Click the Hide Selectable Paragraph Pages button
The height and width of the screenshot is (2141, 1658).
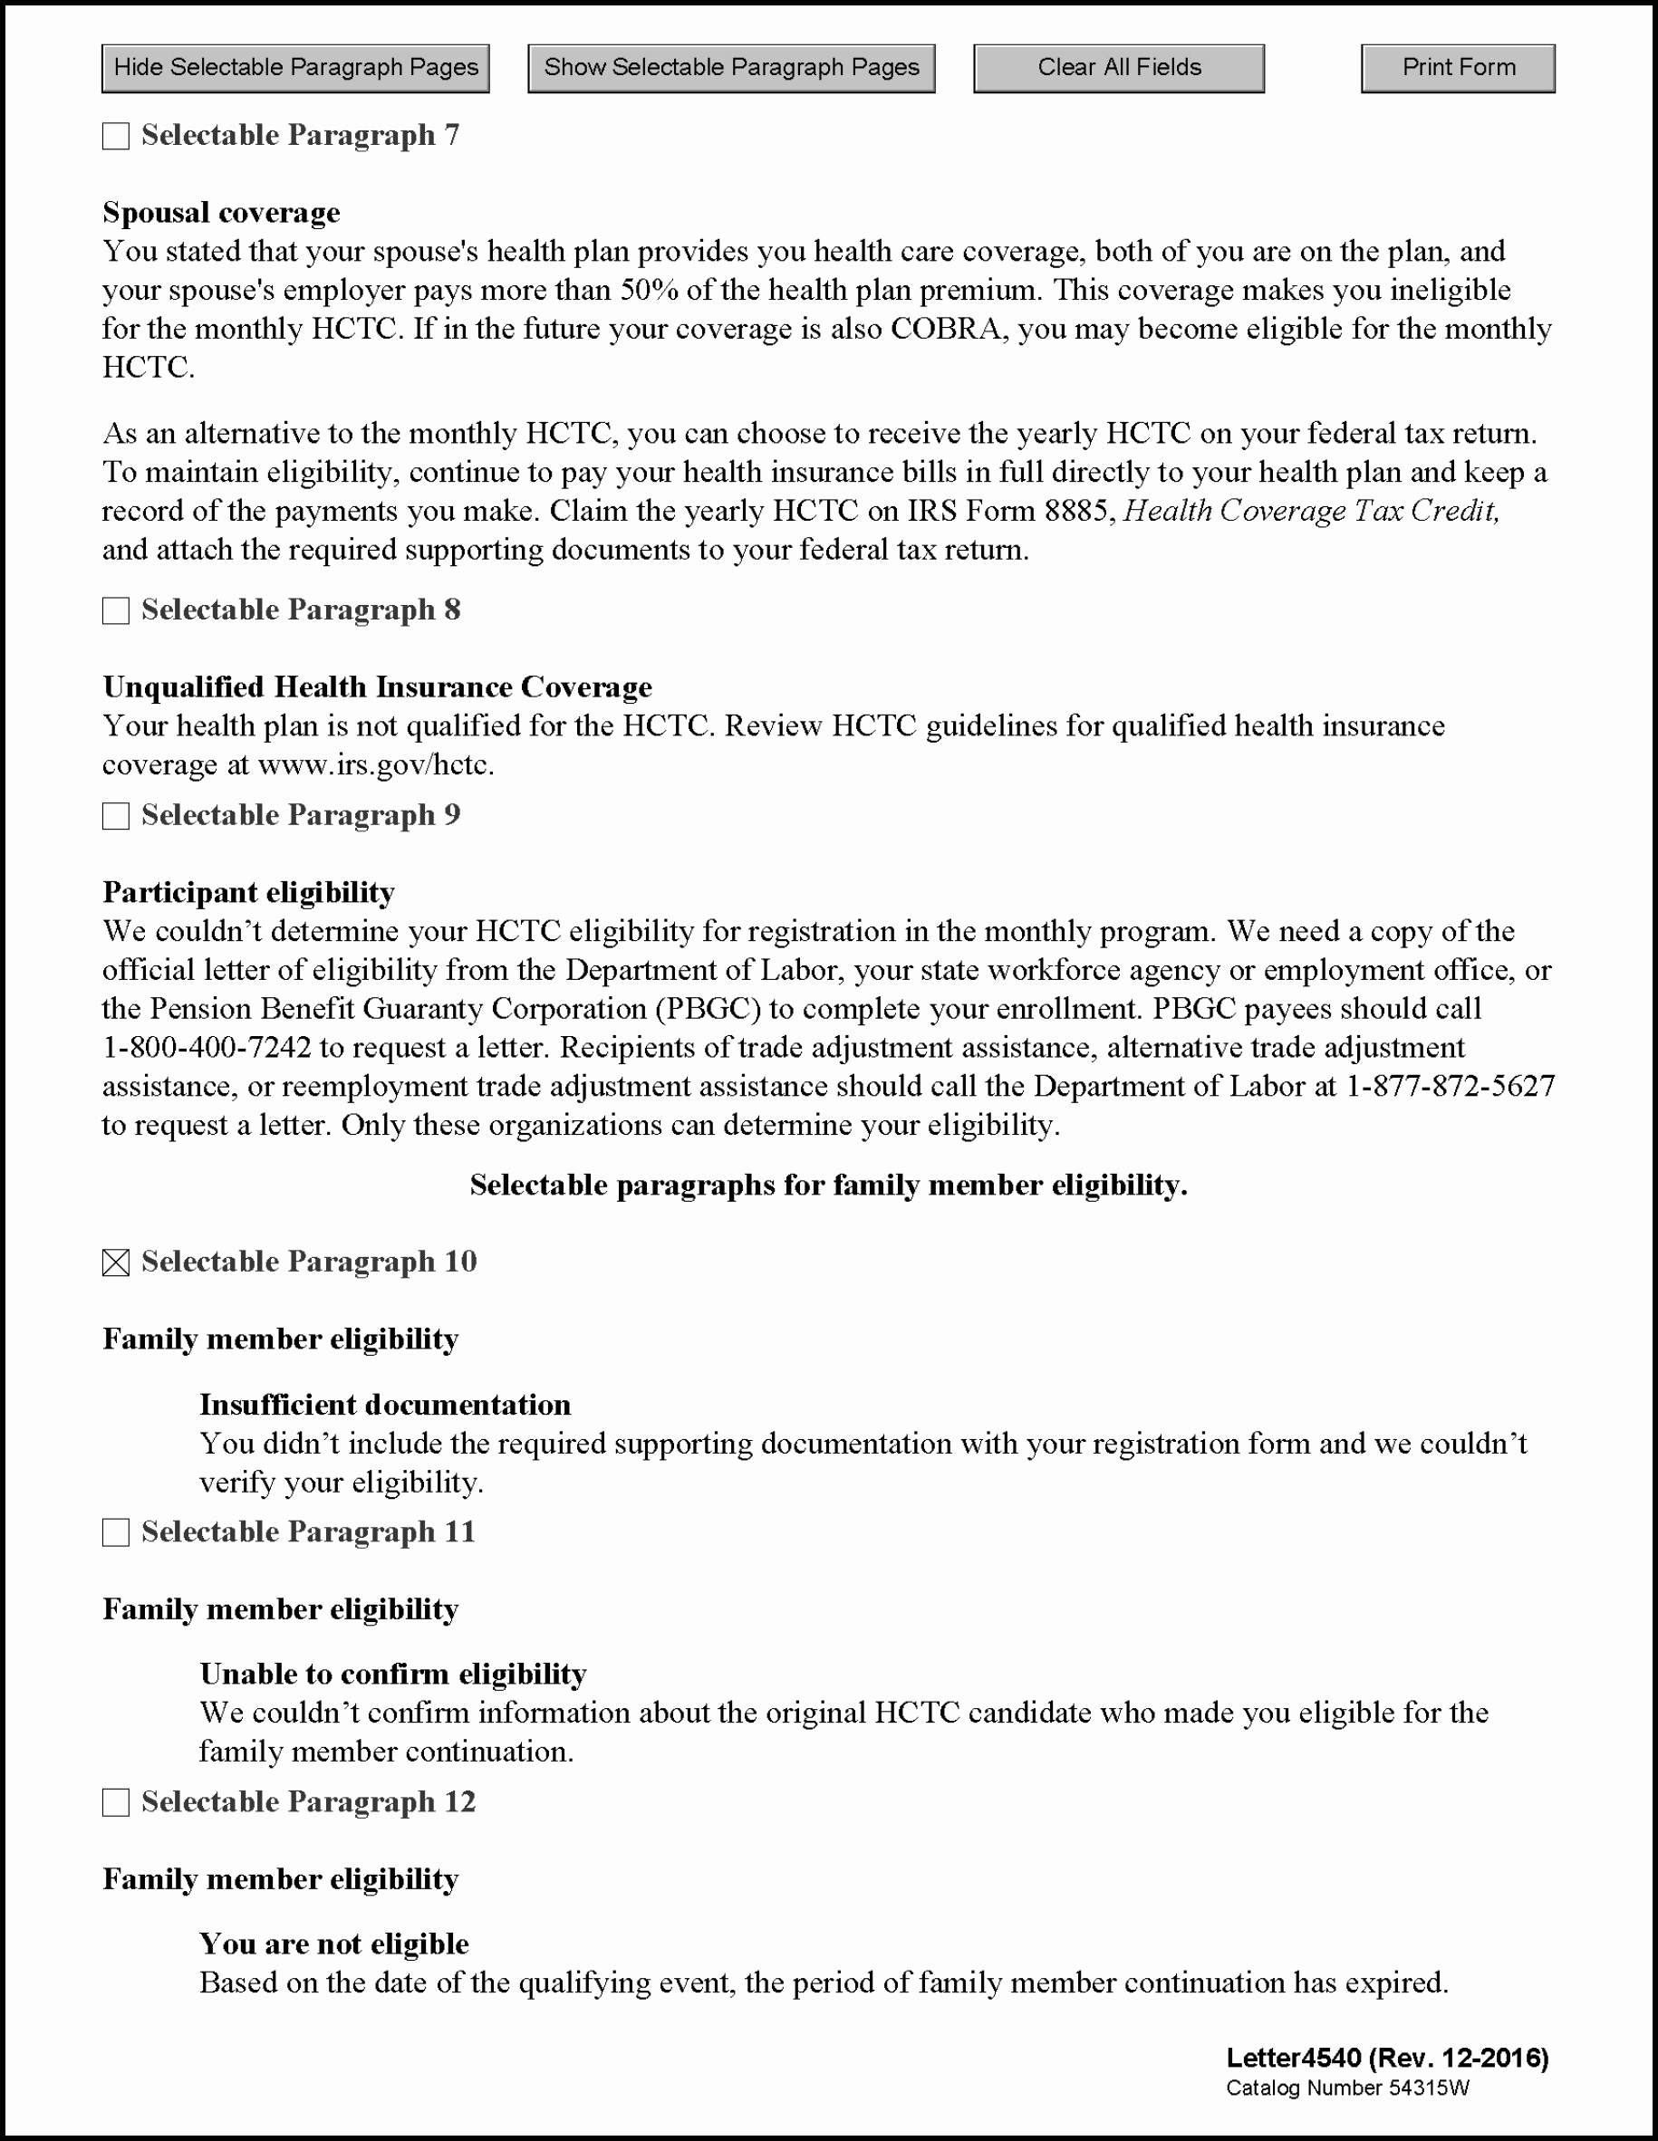[x=295, y=69]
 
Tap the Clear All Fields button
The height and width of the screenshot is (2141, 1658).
[x=1119, y=69]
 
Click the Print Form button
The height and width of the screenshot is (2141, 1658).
[x=1458, y=69]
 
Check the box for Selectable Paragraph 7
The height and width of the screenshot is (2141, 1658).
[x=116, y=136]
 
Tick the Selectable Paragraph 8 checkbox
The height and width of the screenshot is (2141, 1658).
[x=116, y=610]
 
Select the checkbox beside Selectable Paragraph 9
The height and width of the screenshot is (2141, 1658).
[x=116, y=816]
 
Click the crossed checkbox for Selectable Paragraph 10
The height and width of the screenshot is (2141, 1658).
[x=116, y=1263]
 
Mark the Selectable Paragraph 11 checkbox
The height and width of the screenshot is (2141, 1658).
[x=116, y=1532]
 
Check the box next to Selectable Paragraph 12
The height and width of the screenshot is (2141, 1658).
[x=116, y=1801]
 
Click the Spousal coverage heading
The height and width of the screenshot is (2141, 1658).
[x=222, y=213]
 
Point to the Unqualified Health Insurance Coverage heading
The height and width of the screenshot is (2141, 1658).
[x=378, y=687]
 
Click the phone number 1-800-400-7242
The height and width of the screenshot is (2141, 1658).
[x=207, y=1048]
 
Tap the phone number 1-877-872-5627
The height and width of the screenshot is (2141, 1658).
[x=1451, y=1086]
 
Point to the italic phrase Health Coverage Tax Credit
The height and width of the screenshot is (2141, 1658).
[x=1311, y=511]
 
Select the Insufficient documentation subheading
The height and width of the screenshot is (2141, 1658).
[x=385, y=1405]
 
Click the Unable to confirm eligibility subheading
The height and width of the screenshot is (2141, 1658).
[x=393, y=1675]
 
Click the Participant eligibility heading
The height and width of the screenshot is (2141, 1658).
[x=249, y=892]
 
